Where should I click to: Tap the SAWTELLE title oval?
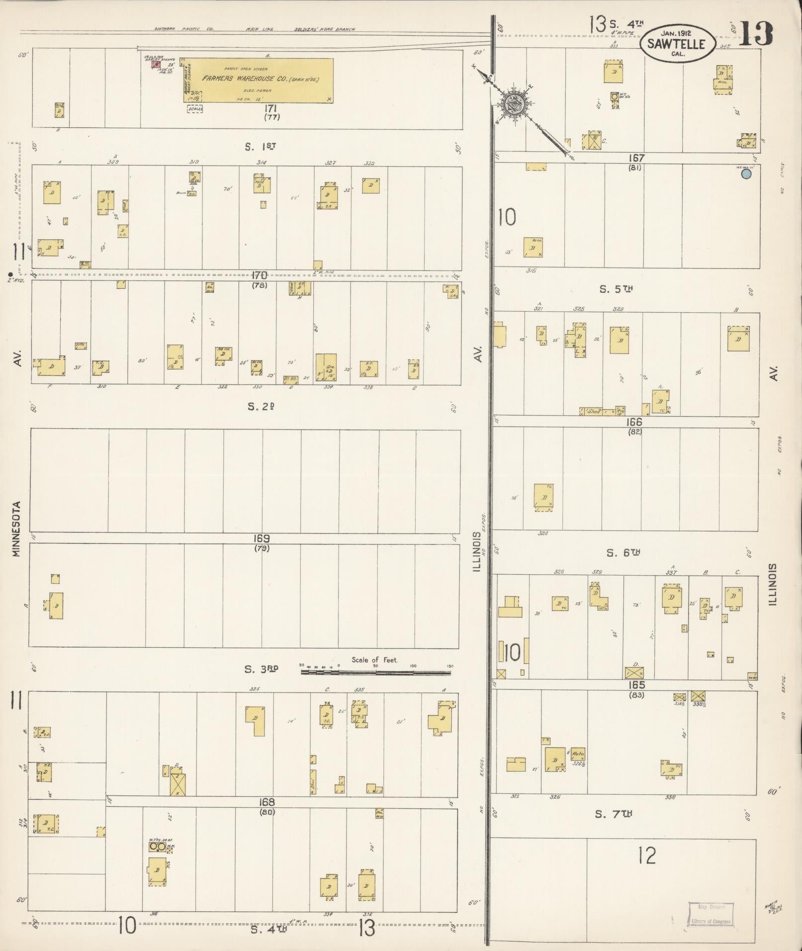point(677,43)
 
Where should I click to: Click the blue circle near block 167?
point(746,174)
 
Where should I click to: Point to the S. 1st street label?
point(260,147)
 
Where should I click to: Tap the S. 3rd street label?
point(261,669)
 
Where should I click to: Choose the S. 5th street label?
point(616,289)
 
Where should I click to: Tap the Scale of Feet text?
point(374,660)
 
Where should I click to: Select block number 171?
point(271,108)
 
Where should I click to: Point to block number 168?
point(267,802)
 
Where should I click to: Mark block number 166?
point(634,422)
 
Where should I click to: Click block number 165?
point(636,685)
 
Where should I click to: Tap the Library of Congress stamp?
point(711,914)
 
